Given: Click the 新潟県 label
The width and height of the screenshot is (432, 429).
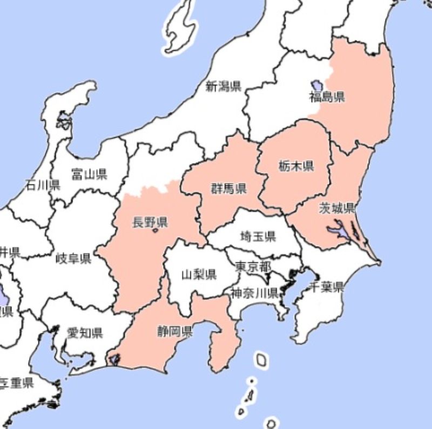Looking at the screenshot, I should click(x=223, y=86).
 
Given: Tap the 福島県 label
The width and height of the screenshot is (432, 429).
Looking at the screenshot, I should click(x=327, y=97).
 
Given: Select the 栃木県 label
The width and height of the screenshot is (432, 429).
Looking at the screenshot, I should click(x=296, y=166).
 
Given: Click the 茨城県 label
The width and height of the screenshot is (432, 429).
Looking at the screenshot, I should click(x=336, y=208).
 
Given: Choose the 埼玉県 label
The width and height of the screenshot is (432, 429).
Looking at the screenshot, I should click(x=258, y=236).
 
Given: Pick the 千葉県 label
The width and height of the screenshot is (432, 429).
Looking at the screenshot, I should click(x=326, y=287).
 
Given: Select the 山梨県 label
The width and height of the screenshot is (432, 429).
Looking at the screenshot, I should click(x=199, y=275).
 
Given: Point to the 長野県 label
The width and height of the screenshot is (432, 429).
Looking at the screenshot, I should click(x=150, y=222).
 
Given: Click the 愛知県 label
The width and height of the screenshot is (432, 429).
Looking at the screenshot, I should click(x=85, y=332).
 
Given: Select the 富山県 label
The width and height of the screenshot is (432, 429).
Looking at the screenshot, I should click(x=89, y=174).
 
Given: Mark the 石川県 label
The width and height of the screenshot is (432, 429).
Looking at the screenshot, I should click(x=43, y=185).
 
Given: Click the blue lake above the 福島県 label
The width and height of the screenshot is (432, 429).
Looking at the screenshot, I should click(x=316, y=85).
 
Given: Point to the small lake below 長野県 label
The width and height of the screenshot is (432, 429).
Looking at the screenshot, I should click(x=156, y=231).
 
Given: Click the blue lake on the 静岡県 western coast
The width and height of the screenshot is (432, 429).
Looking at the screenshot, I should click(x=115, y=357).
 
